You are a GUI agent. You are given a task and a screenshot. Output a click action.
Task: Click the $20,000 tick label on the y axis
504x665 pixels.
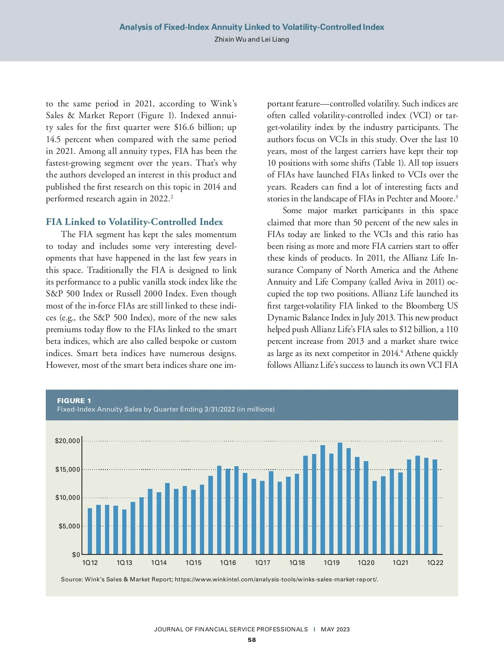(x=67, y=441)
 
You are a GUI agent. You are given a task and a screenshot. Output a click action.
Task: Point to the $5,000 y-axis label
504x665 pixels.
(x=69, y=526)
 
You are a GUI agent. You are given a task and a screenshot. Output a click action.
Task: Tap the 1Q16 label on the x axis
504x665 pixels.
(x=228, y=562)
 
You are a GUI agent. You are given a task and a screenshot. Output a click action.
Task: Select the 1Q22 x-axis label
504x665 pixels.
(x=435, y=562)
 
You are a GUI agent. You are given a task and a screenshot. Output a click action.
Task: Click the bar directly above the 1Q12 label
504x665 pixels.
(x=90, y=531)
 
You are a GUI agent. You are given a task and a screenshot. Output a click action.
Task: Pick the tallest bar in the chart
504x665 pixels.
(x=340, y=499)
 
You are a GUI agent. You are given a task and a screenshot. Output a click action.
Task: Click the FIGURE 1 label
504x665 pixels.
(x=74, y=401)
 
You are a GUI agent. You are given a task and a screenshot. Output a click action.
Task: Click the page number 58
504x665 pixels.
(x=252, y=640)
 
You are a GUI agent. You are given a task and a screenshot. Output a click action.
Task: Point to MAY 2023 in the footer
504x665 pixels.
(x=335, y=629)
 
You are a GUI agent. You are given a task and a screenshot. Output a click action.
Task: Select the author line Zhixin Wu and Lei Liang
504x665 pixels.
(x=252, y=40)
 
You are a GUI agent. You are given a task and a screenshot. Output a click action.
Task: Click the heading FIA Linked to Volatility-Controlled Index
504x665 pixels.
(x=134, y=222)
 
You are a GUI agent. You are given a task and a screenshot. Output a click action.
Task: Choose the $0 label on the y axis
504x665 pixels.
(x=76, y=554)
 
